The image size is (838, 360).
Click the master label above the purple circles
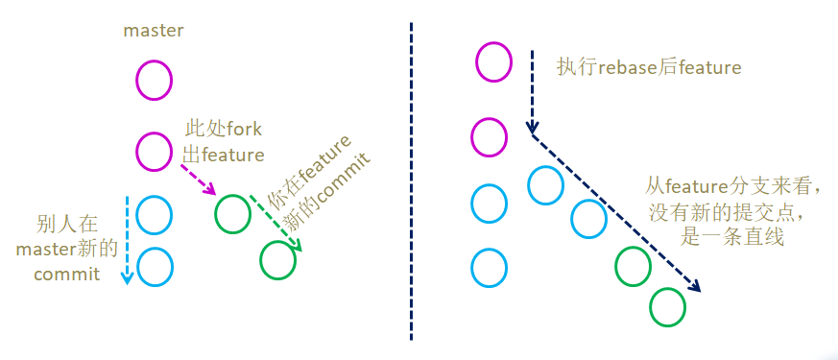point(154,31)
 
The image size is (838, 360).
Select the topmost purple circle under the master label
point(154,79)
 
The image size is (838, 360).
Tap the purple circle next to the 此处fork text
point(154,151)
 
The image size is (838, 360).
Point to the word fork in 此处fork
point(242,130)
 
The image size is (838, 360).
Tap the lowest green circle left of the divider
point(277,258)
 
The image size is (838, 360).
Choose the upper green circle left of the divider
point(232,212)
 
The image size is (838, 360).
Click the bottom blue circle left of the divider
point(155,266)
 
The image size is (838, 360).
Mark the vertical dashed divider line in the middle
point(411,182)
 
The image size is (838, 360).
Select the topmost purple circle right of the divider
point(493,62)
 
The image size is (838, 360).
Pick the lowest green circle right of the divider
point(667,307)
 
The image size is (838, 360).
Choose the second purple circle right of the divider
point(489,136)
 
